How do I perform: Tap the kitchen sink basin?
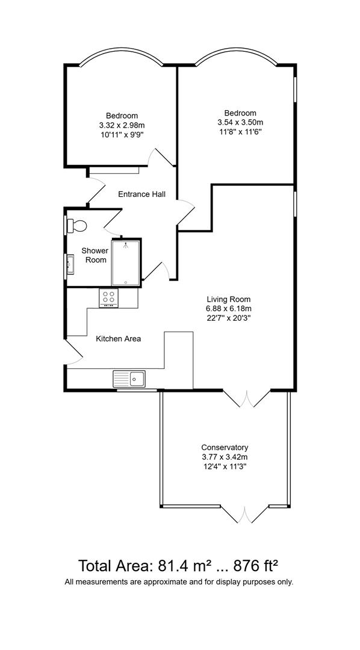(137, 379)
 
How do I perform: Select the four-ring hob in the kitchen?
(110, 297)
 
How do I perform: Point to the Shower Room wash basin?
(70, 263)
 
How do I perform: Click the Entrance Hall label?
(141, 194)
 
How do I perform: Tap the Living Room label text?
(228, 299)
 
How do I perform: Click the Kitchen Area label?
(119, 339)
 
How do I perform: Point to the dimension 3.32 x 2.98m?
(122, 125)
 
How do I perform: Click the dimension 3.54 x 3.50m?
(240, 122)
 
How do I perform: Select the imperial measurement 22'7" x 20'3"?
(228, 318)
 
